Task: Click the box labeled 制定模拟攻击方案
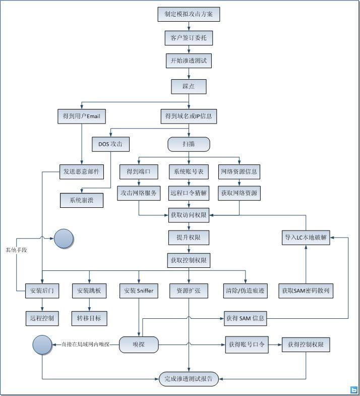[189, 14]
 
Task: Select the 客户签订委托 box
[189, 37]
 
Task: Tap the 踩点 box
[189, 86]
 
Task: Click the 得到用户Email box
[81, 117]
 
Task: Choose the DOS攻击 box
[111, 144]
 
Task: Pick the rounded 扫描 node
[189, 144]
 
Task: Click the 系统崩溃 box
[81, 200]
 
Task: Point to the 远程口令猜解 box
[189, 193]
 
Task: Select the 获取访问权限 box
[189, 215]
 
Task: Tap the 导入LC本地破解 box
[306, 238]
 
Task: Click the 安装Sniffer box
[139, 291]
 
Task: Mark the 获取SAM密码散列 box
[306, 291]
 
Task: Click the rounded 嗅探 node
[139, 345]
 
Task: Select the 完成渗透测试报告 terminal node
[189, 378]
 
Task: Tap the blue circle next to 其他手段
[64, 238]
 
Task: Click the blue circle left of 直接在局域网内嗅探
[42, 345]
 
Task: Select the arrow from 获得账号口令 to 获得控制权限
[274, 345]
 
